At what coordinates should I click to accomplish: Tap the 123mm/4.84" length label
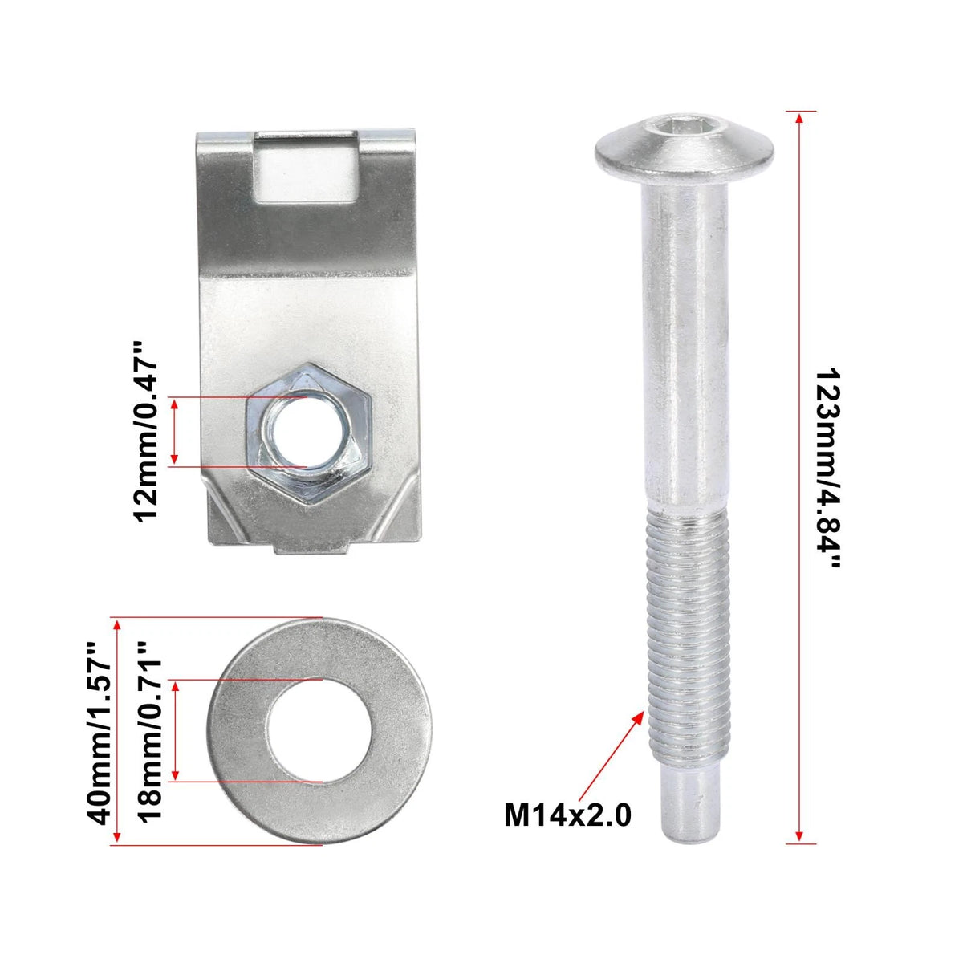tap(827, 469)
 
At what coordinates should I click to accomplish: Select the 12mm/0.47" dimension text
tap(147, 432)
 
